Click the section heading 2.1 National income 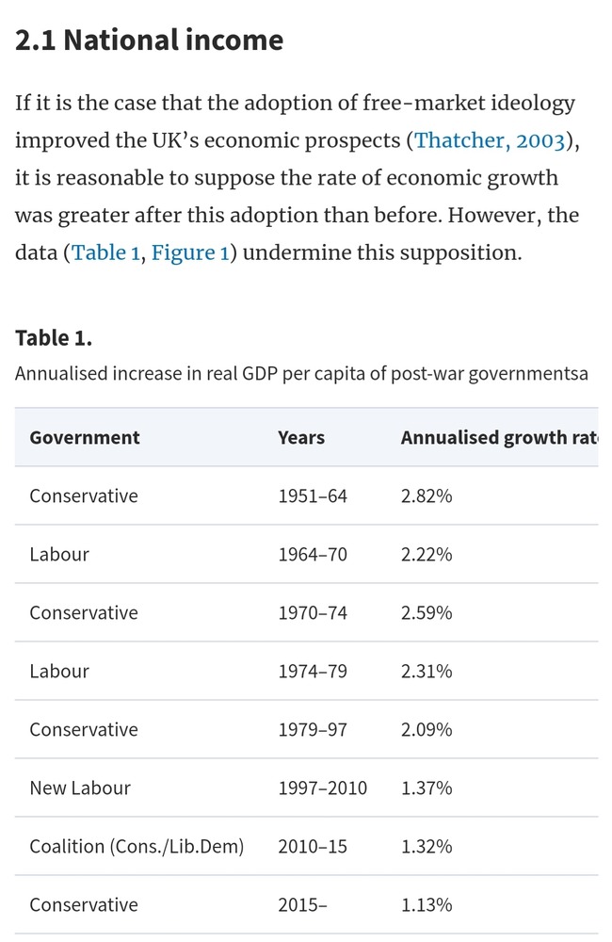click(149, 40)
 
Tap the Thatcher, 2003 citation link click(490, 140)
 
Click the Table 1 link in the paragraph click(105, 253)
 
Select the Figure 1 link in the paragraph click(189, 253)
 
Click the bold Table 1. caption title click(54, 337)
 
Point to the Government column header click(85, 437)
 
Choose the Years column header click(301, 437)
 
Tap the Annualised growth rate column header click(499, 437)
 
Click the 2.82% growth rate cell click(427, 495)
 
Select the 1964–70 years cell click(313, 554)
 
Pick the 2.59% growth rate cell click(427, 612)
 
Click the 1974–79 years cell click(313, 671)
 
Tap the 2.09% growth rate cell click(427, 729)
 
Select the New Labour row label click(80, 788)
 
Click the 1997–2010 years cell click(323, 788)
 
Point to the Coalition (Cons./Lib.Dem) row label click(137, 846)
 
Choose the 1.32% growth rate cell click(427, 846)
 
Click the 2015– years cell click(303, 904)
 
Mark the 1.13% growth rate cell click(427, 904)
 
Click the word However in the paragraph click(494, 216)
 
